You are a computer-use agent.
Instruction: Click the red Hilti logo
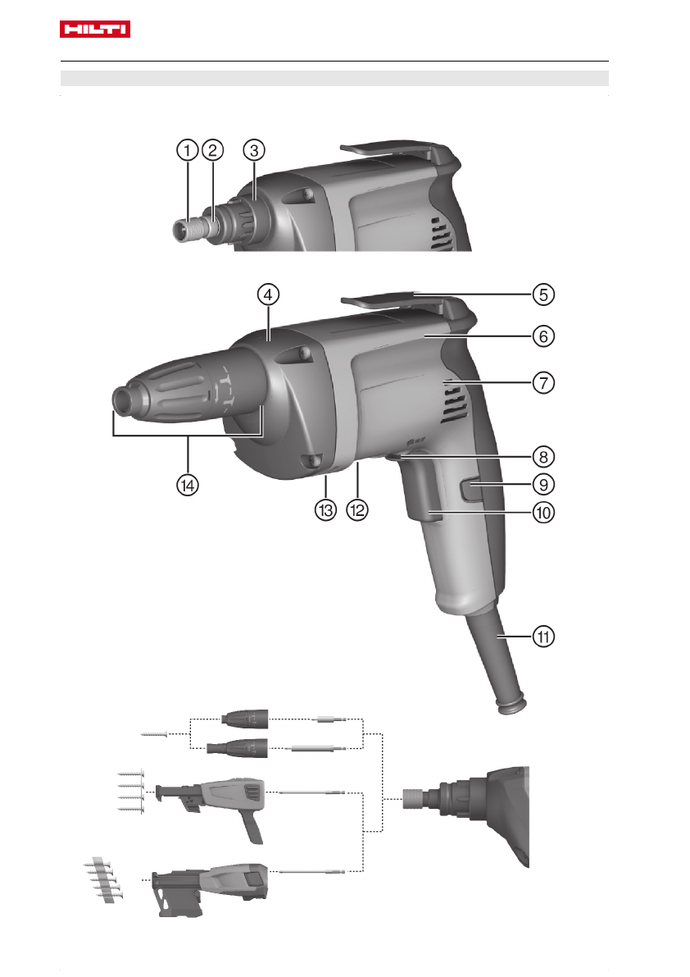coord(94,30)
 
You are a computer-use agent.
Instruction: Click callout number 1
coord(188,150)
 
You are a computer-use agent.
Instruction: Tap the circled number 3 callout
coord(254,150)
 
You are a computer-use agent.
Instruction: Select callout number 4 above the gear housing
coord(268,294)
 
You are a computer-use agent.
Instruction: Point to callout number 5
coord(543,294)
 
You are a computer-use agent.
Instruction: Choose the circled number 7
coord(543,382)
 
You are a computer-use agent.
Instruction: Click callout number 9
coord(543,484)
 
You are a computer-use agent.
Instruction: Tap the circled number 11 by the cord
coord(543,637)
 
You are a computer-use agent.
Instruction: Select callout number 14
coord(188,485)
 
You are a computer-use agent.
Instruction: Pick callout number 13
coord(325,510)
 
